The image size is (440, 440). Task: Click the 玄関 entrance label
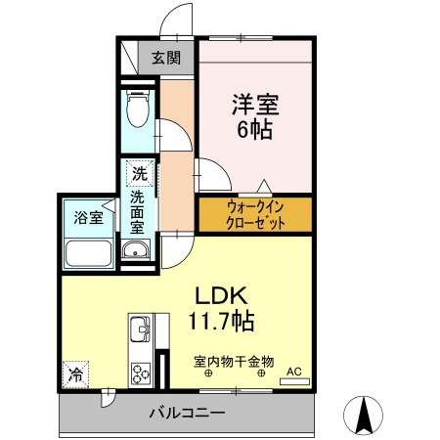166,58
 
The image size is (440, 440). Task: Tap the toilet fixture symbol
139,110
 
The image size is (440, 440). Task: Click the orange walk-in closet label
255,214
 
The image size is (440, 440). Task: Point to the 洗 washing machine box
141,175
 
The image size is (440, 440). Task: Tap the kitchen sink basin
138,327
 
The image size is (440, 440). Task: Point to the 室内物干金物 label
233,360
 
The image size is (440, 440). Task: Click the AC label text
294,371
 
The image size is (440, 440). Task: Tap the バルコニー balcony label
187,413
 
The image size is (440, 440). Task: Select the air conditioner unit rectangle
293,381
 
